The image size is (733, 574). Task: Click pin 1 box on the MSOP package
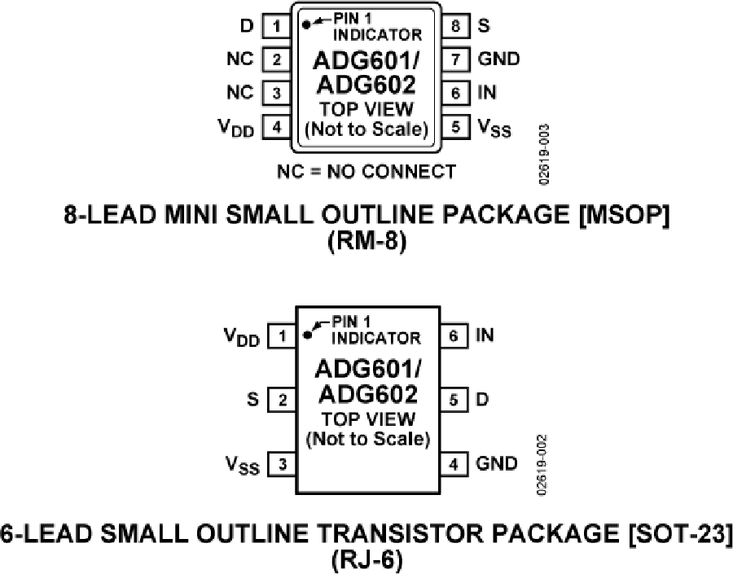(277, 26)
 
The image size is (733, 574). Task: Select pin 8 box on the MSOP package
(457, 26)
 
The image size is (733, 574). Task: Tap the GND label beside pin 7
(498, 59)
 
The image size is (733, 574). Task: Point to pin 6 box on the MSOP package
(457, 93)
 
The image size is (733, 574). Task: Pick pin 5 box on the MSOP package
(457, 127)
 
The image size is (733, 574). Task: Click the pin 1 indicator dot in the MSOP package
(306, 24)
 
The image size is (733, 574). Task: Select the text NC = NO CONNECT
(366, 171)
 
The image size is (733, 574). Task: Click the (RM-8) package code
(366, 242)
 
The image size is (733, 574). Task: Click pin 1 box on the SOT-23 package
(282, 335)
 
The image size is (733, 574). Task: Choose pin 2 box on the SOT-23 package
(282, 400)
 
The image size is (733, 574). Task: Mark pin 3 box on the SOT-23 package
(282, 464)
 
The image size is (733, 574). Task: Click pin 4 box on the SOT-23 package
(454, 464)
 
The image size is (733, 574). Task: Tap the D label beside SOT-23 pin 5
(483, 400)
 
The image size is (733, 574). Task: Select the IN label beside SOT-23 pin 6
(485, 335)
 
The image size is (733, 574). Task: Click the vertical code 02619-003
(544, 154)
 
